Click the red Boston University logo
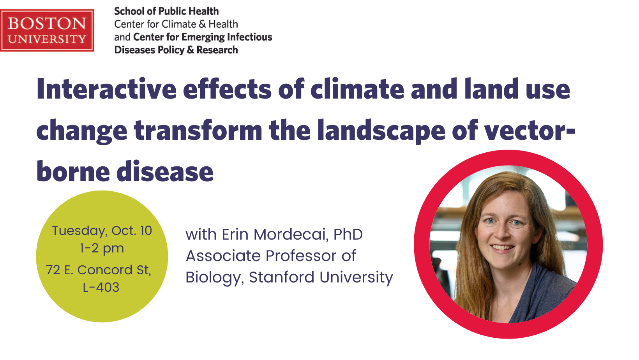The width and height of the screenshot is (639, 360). pyautogui.click(x=47, y=30)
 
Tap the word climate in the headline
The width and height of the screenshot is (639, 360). pyautogui.click(x=357, y=89)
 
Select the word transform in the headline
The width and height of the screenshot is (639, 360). pyautogui.click(x=198, y=131)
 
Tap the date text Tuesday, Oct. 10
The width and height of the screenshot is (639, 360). pyautogui.click(x=102, y=231)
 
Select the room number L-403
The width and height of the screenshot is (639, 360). pyautogui.click(x=101, y=287)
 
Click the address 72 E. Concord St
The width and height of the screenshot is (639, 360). pyautogui.click(x=98, y=270)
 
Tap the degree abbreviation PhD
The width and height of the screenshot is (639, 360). pyautogui.click(x=348, y=235)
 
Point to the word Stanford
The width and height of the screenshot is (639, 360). pyautogui.click(x=282, y=277)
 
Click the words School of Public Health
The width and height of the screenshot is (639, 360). pyautogui.click(x=167, y=11)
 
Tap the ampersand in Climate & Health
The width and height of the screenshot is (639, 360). pyautogui.click(x=202, y=24)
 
